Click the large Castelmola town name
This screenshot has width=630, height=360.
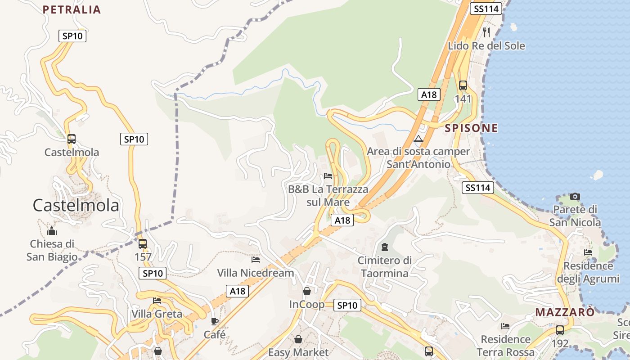click(76, 205)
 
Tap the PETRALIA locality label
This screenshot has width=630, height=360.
click(72, 9)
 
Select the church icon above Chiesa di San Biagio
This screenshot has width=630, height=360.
click(52, 231)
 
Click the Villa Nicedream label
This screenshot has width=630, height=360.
click(256, 273)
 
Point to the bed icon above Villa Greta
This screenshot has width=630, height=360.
click(157, 300)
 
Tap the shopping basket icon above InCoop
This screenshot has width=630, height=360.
click(306, 291)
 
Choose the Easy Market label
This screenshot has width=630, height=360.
click(298, 352)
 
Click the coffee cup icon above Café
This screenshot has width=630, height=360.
click(215, 321)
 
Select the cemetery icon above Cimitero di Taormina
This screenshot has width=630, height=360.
click(385, 247)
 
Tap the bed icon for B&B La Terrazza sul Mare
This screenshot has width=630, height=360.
click(328, 175)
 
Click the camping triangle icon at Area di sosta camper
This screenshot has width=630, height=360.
click(419, 139)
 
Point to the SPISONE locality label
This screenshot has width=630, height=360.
click(471, 128)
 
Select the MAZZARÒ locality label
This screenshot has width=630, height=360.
click(565, 312)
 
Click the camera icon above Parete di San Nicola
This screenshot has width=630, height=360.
click(575, 196)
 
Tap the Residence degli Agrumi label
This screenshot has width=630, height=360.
click(588, 272)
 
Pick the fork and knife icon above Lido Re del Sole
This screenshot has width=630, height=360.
click(486, 32)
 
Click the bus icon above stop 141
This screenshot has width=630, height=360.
click(463, 85)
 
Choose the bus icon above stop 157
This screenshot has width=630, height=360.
click(143, 244)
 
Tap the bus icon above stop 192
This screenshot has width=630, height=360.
click(559, 330)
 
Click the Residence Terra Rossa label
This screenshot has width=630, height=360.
click(505, 345)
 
